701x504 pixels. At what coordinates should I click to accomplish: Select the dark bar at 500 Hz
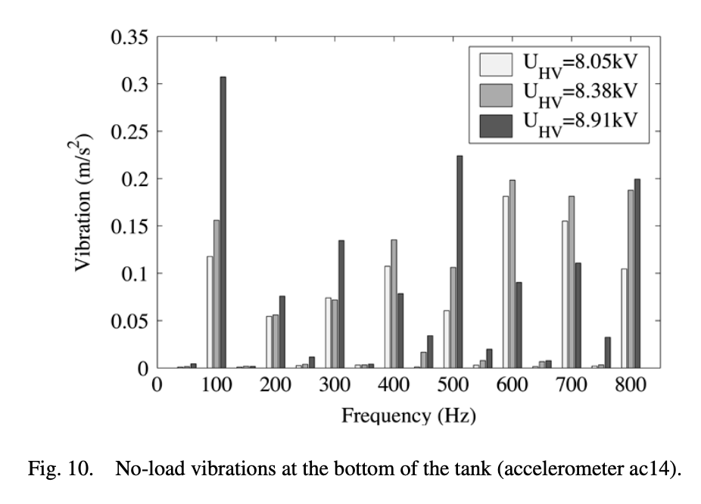[x=460, y=262]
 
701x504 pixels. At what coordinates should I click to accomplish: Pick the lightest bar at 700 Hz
[x=565, y=294]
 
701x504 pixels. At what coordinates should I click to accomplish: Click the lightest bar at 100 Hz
[x=210, y=312]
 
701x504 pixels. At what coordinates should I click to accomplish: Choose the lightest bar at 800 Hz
[x=624, y=318]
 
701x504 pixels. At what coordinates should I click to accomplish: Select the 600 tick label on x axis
[x=513, y=385]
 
